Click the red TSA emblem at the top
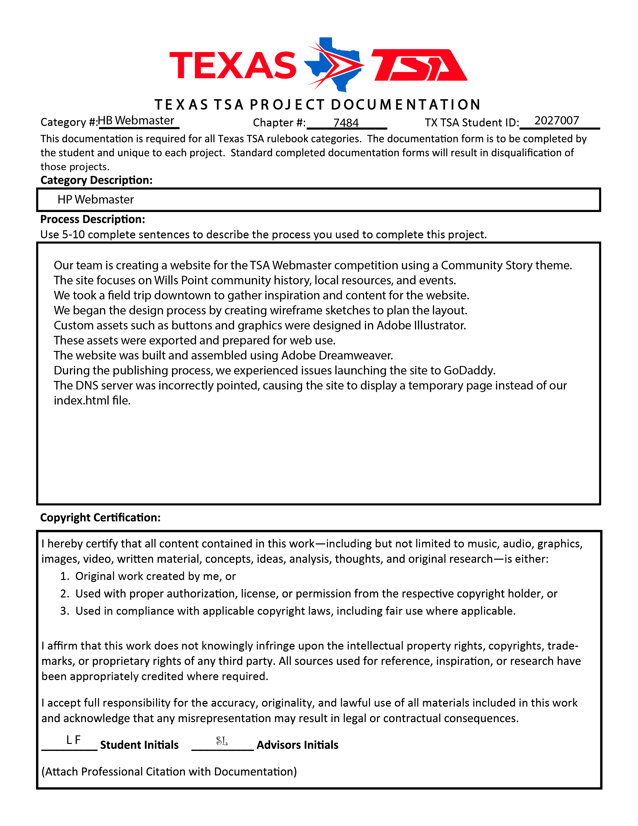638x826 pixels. pyautogui.click(x=420, y=65)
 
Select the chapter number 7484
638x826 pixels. pyautogui.click(x=346, y=123)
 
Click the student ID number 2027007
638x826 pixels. pyautogui.click(x=556, y=121)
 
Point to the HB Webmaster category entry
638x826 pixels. pyautogui.click(x=136, y=121)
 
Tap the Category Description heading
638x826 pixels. pyautogui.click(x=96, y=180)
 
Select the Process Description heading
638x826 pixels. pyautogui.click(x=93, y=219)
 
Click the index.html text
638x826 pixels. pyautogui.click(x=92, y=400)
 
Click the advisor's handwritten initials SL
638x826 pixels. pyautogui.click(x=222, y=741)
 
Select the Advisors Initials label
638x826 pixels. pyautogui.click(x=297, y=745)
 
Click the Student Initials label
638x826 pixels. pyautogui.click(x=139, y=745)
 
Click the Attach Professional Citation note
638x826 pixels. pyautogui.click(x=169, y=771)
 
